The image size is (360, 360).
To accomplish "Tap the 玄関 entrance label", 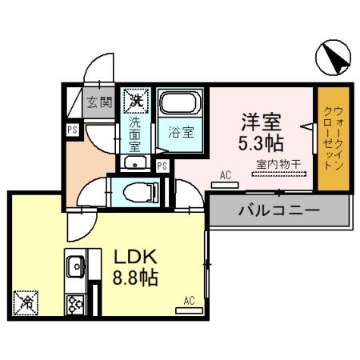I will pos(99,102).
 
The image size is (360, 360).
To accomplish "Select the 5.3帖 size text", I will pos(261,145).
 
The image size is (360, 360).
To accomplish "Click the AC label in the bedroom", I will pos(226,174).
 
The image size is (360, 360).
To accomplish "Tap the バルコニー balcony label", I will pos(279,210).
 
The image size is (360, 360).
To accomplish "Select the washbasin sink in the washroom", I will pos(134,164).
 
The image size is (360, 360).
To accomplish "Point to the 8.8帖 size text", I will pos(133,278).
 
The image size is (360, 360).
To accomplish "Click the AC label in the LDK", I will pos(189,301).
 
